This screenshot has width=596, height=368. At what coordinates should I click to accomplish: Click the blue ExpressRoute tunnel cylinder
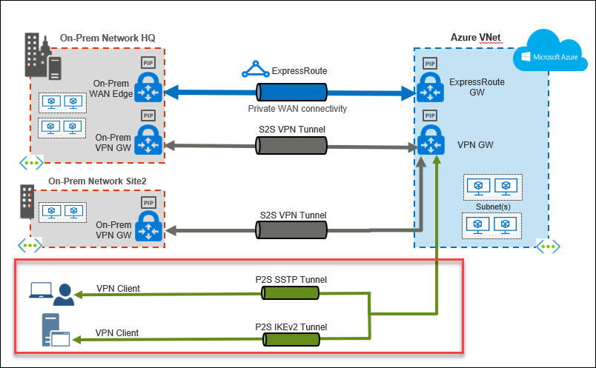coord(291,93)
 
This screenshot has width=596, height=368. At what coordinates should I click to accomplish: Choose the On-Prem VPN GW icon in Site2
coord(148,224)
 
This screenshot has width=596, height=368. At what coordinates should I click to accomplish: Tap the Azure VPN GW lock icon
coord(428,141)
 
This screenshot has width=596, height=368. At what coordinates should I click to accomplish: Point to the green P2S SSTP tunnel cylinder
coord(291,294)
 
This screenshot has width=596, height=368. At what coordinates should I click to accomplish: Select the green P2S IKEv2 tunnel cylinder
coord(291,341)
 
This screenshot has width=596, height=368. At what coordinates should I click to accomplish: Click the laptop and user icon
coord(52,293)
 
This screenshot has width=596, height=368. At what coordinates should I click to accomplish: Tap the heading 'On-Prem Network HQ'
coord(107,38)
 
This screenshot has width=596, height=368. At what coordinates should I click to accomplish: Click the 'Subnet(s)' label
coord(492,207)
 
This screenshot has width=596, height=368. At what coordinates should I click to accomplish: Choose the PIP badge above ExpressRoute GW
coord(428,64)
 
